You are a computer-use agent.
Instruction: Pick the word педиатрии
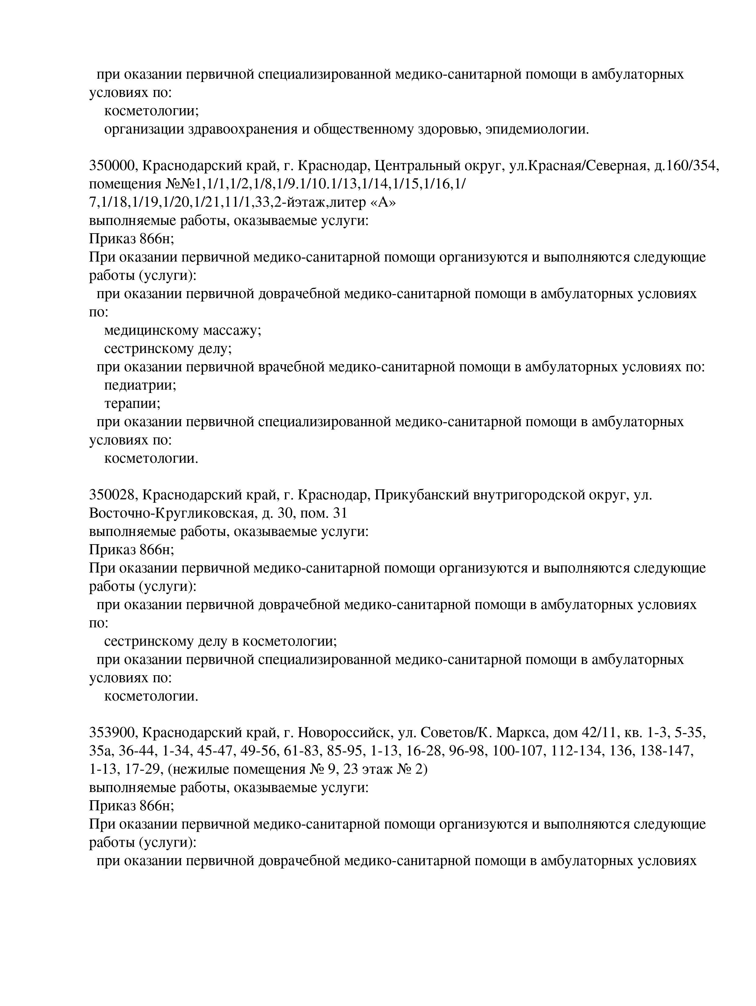click(x=140, y=385)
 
